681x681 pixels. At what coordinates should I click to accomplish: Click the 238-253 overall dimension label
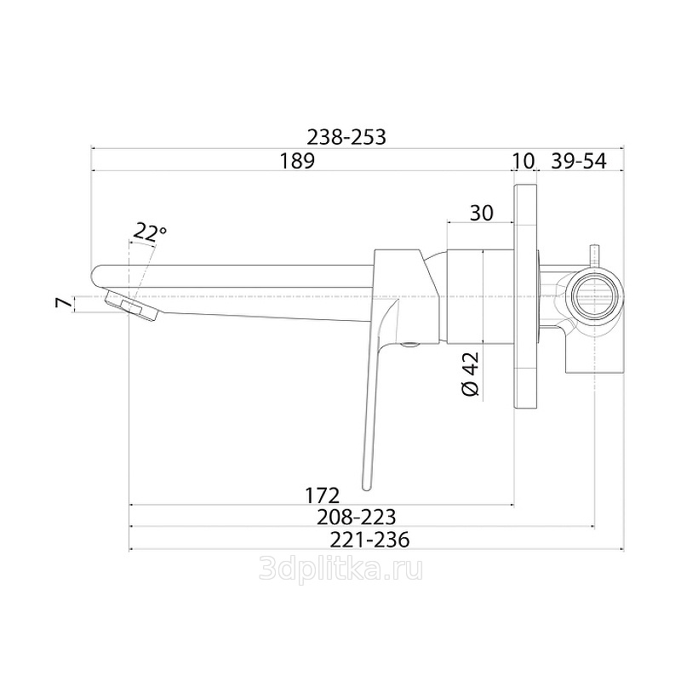pyautogui.click(x=346, y=137)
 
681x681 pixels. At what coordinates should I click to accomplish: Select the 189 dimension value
pyautogui.click(x=296, y=161)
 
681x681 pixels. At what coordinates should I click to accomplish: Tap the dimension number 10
pyautogui.click(x=524, y=161)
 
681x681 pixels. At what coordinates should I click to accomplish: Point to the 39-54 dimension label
pyautogui.click(x=579, y=161)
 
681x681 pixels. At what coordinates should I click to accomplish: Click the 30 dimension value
pyautogui.click(x=481, y=213)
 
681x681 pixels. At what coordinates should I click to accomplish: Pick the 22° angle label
pyautogui.click(x=150, y=232)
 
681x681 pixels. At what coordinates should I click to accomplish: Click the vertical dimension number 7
pyautogui.click(x=63, y=303)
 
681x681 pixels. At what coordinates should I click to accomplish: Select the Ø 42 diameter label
pyautogui.click(x=471, y=373)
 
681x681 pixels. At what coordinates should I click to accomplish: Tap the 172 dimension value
pyautogui.click(x=322, y=495)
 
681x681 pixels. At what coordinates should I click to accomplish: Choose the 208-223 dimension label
pyautogui.click(x=356, y=517)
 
